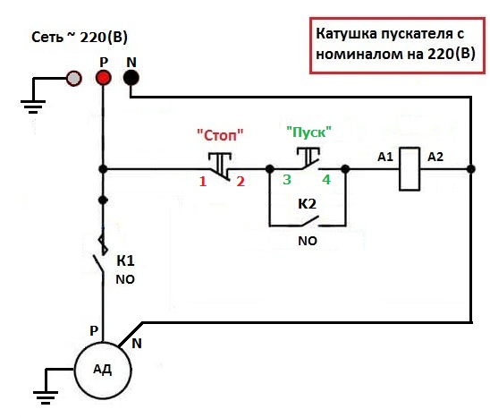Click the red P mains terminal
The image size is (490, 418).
[x=104, y=78]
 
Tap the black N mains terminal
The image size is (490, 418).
[x=131, y=78]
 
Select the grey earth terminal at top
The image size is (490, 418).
[x=73, y=78]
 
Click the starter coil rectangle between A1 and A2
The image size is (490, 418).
[x=410, y=169]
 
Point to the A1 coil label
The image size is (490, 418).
[x=385, y=157]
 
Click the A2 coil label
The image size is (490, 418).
[x=435, y=157]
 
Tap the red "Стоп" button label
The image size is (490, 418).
[x=220, y=135]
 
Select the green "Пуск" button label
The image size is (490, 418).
[x=309, y=132]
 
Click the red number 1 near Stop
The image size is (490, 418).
[x=203, y=182]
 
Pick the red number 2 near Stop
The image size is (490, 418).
[x=241, y=182]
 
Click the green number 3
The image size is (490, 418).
[x=287, y=180]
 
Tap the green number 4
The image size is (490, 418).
[x=326, y=180]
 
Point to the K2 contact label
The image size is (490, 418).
[x=308, y=204]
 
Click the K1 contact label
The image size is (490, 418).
[x=125, y=260]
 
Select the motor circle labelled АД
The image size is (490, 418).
[x=103, y=371]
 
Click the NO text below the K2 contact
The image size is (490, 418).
[x=308, y=241]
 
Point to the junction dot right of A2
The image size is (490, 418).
[x=471, y=169]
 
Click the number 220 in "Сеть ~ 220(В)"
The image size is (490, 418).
[x=93, y=38]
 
